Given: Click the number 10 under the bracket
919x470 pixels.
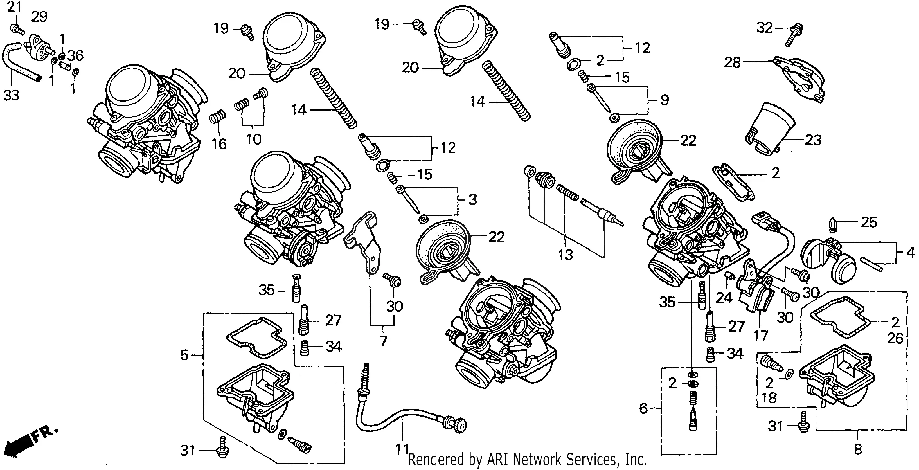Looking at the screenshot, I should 254,139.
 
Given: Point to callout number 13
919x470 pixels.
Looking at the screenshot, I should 566,255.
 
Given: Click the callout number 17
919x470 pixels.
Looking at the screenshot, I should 760,336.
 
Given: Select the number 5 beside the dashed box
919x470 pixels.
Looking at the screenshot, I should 184,355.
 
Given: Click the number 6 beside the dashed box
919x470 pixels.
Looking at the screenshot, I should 643,408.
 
